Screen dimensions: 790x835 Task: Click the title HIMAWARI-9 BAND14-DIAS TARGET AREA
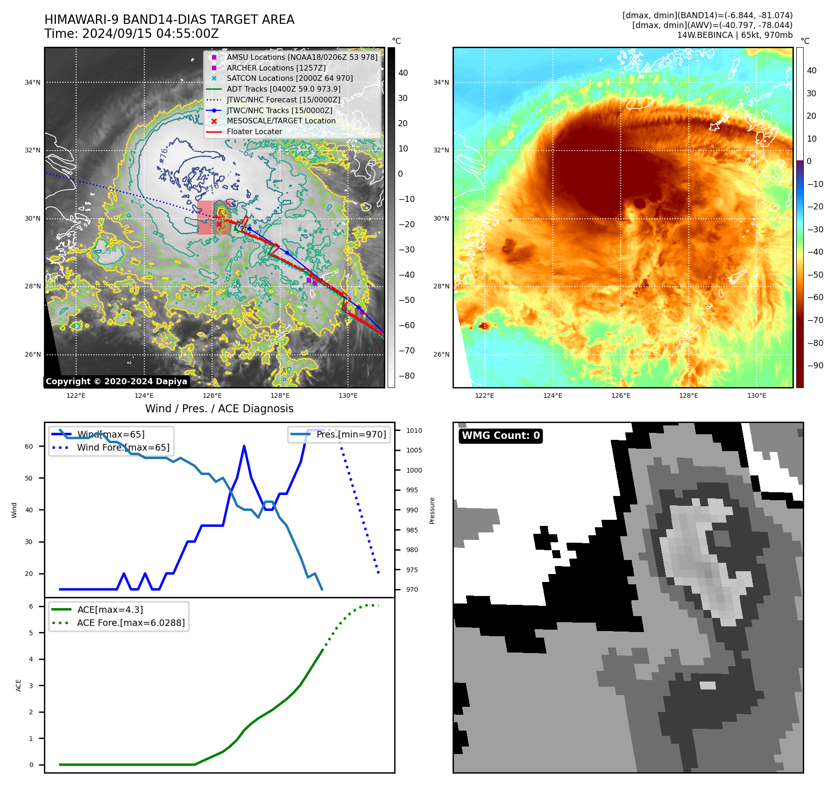coord(169,20)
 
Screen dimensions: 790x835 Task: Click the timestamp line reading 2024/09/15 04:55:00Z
coord(131,34)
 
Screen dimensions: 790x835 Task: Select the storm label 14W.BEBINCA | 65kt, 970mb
coord(735,35)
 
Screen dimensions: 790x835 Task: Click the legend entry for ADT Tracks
coord(283,89)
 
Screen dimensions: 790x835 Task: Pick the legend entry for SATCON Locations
coord(290,78)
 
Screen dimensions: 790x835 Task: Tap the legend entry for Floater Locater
coord(254,131)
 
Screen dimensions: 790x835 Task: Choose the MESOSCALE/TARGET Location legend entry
coord(281,121)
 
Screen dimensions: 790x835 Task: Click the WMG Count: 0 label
coord(501,436)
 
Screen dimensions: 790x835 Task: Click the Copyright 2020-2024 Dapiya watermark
coord(116,381)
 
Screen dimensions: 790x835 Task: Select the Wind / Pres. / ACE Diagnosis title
coord(219,409)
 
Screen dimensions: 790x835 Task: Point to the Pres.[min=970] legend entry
coord(351,434)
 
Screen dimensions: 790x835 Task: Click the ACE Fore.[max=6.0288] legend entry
coord(130,623)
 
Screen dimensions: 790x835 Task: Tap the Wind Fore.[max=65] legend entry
coord(123,447)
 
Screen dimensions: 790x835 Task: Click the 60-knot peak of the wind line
coord(244,446)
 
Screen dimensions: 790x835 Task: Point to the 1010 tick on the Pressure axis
coord(414,431)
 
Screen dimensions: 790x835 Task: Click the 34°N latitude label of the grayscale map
coord(33,82)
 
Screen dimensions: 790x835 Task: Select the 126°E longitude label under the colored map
coord(621,395)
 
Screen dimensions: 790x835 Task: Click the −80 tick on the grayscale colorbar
coord(406,376)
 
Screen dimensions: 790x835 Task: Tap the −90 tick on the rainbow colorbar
coord(815,366)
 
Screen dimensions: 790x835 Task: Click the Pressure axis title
coord(432,510)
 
